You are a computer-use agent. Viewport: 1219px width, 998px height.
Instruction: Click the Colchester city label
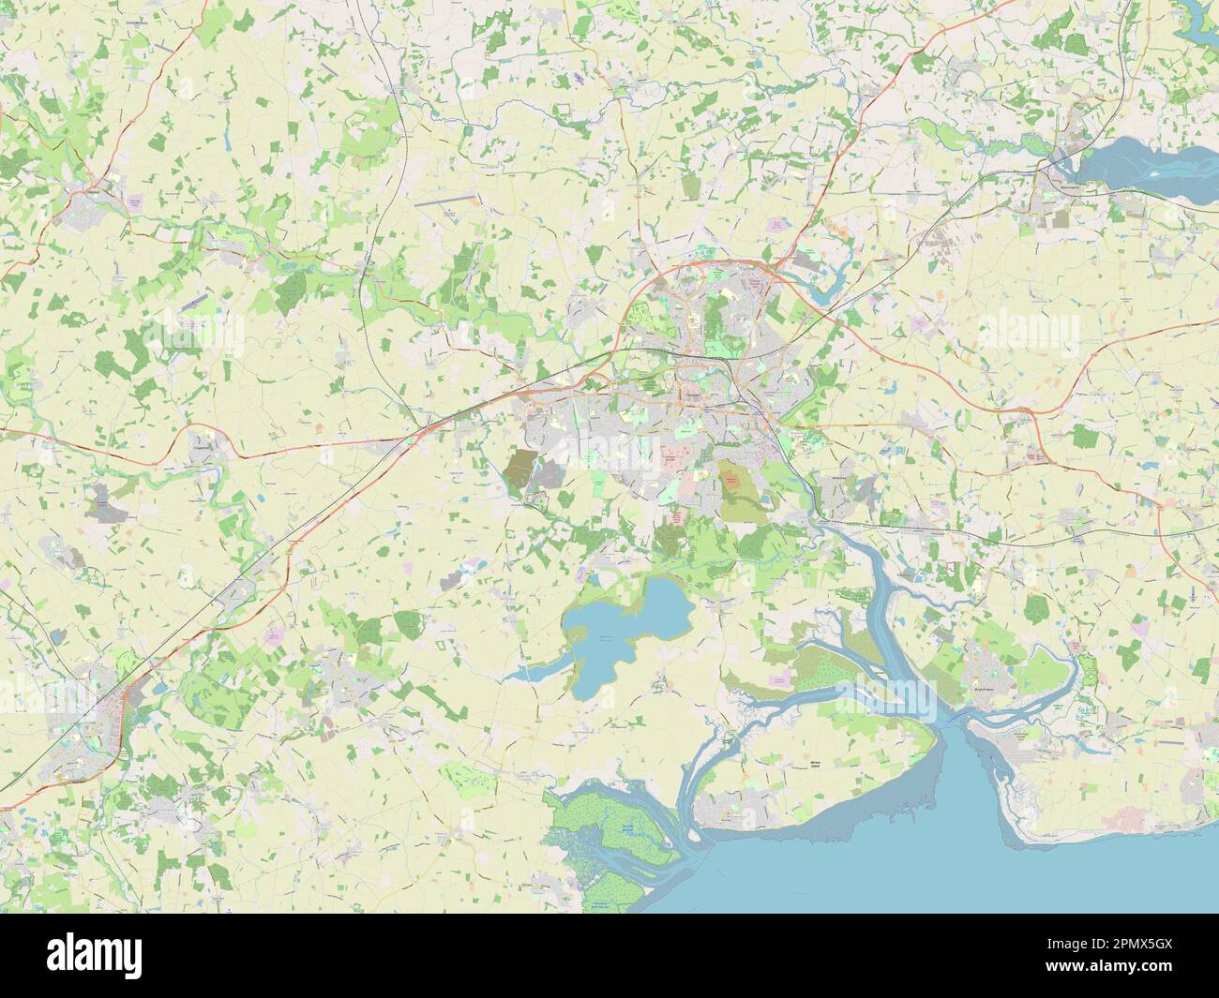point(695,396)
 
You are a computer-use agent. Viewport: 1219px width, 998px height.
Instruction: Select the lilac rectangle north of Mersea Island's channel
point(780,678)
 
